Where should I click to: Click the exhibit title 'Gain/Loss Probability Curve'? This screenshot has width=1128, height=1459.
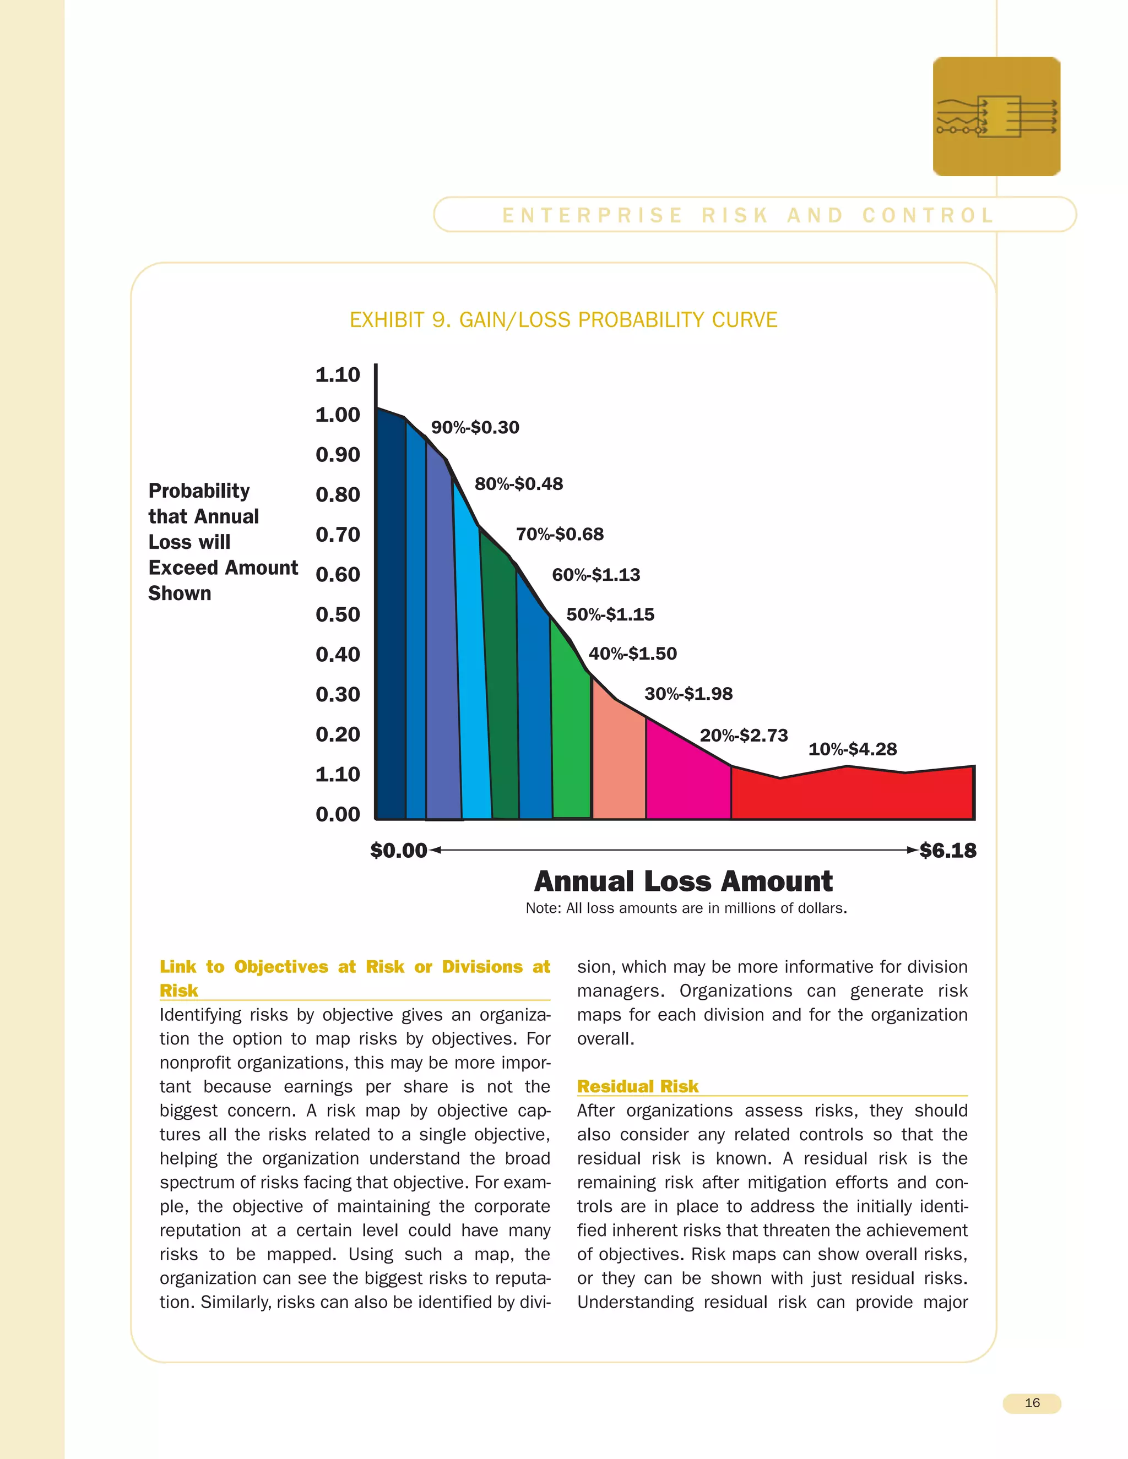click(563, 320)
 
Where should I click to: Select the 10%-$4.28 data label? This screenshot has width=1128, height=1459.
click(852, 749)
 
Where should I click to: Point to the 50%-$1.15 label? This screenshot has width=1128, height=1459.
click(610, 614)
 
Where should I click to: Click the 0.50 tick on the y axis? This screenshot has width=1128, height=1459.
click(338, 614)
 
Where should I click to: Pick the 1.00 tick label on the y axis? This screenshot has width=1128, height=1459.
click(338, 415)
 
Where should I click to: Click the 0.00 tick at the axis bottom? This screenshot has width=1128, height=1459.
click(338, 814)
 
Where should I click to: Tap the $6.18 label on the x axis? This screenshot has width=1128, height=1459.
click(947, 851)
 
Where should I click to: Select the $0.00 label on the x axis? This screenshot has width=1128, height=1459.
click(398, 851)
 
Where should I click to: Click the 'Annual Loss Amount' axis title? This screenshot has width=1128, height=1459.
click(683, 881)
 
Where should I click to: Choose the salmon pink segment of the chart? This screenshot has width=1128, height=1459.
click(618, 761)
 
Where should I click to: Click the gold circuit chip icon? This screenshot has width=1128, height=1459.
click(996, 116)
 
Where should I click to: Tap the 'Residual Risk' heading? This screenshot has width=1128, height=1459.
click(637, 1086)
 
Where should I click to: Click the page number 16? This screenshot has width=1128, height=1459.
click(1032, 1403)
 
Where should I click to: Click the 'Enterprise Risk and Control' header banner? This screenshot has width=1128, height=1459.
click(749, 215)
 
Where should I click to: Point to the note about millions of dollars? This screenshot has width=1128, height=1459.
click(686, 908)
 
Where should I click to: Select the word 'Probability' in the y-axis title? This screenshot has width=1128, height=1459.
click(199, 491)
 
